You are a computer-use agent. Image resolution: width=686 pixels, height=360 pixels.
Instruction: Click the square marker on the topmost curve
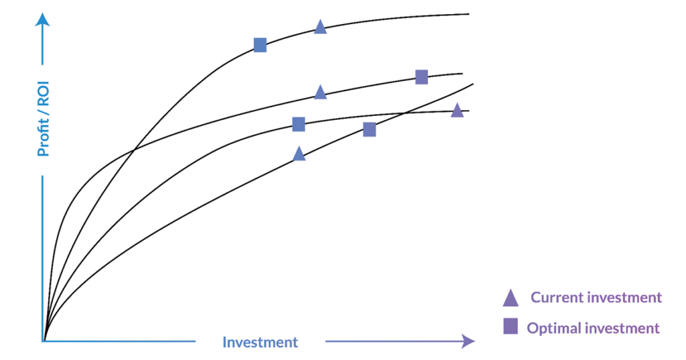[261, 45]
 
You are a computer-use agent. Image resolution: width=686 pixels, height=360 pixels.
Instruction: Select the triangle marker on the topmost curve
[320, 27]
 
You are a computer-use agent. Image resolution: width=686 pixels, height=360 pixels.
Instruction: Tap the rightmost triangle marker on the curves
[457, 111]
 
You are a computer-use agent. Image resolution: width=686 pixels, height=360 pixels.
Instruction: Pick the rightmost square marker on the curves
[421, 76]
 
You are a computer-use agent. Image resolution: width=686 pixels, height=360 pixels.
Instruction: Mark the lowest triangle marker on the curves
[299, 154]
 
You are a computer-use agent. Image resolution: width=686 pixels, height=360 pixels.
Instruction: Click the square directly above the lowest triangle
[298, 125]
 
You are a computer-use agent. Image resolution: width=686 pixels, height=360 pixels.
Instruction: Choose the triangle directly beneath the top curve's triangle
[320, 92]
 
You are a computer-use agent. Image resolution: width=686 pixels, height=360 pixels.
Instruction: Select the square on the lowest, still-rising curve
[369, 129]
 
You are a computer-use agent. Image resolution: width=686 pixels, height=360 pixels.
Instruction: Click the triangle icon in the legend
[510, 298]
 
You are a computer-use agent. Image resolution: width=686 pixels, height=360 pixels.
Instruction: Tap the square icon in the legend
[510, 326]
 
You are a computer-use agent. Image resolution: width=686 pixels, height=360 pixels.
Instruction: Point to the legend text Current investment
[596, 298]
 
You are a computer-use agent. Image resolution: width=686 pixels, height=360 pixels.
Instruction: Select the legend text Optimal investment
[593, 328]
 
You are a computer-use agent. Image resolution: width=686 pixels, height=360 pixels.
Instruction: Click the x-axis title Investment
[260, 342]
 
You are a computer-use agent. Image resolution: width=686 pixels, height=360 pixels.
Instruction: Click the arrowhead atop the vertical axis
[42, 19]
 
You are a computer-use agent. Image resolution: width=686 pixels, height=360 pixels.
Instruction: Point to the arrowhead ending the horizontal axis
[468, 341]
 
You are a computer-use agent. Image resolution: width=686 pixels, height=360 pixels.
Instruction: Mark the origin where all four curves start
[44, 341]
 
